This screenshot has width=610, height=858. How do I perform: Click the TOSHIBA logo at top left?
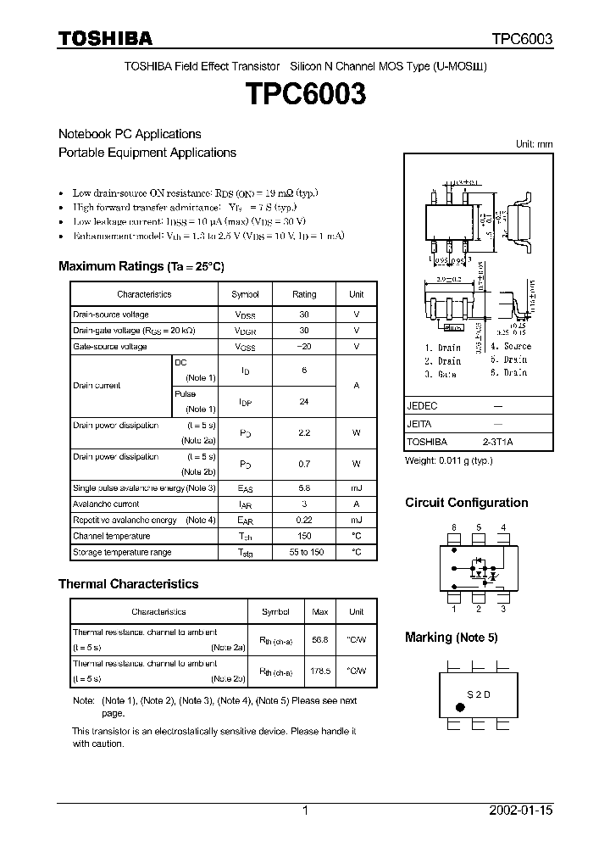point(105,38)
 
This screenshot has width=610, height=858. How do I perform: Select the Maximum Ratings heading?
point(141,266)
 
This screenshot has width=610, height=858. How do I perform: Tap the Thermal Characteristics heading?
point(128,583)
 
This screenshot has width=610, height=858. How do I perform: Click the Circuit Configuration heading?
point(466,503)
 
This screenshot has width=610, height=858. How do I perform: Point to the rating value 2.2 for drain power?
point(304,432)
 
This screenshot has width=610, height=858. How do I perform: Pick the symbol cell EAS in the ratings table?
point(245,488)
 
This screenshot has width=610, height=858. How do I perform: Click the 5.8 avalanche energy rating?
point(304,488)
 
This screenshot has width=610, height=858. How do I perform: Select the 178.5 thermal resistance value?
point(320,671)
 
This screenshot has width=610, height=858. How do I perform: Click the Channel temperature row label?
point(111,536)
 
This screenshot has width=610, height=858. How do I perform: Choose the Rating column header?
point(304,294)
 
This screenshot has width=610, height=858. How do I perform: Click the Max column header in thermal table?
point(320,611)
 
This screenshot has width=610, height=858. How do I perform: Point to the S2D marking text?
point(479,694)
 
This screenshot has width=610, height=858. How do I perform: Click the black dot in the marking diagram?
point(460,706)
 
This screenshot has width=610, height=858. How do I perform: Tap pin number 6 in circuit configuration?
point(454,528)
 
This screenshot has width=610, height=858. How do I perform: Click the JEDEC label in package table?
point(422,406)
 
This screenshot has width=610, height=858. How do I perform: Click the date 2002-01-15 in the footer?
point(521,811)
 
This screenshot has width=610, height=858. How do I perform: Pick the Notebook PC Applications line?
point(130,134)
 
